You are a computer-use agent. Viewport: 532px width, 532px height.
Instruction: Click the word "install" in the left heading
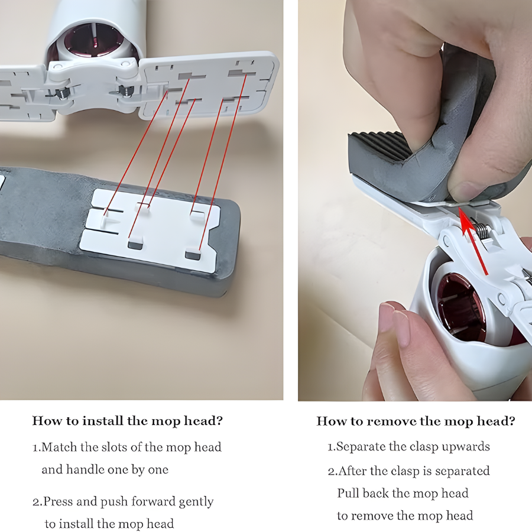pyautogui.click(x=103, y=421)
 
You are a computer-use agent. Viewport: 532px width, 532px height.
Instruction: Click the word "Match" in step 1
pyautogui.click(x=59, y=447)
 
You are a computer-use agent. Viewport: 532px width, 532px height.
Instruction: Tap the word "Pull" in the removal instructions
pyautogui.click(x=348, y=493)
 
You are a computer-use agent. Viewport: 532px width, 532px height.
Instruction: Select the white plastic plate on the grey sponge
pyautogui.click(x=150, y=229)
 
